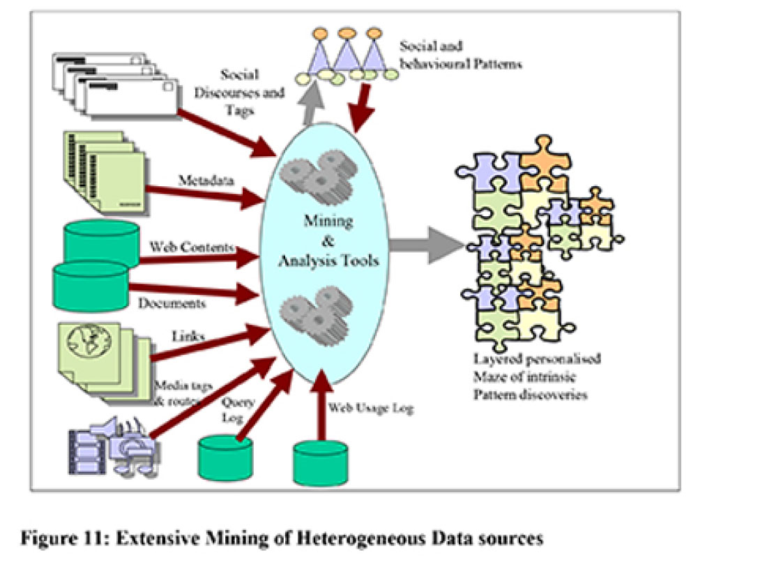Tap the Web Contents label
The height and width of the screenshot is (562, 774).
pos(191,248)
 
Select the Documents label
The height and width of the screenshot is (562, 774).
pos(172,304)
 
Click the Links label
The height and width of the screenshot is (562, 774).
pos(188,337)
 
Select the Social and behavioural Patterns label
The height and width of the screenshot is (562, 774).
pos(460,54)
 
